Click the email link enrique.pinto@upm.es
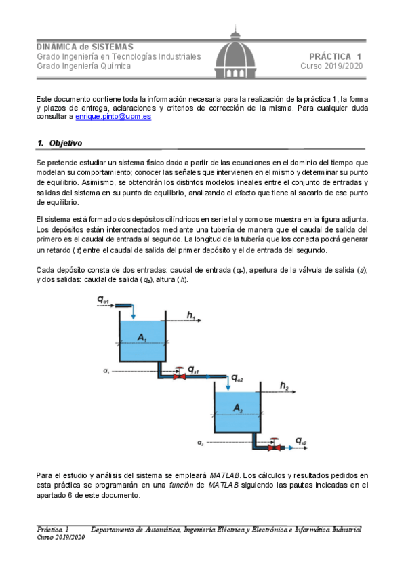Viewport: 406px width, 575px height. (x=113, y=117)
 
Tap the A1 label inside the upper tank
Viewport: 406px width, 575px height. (x=142, y=337)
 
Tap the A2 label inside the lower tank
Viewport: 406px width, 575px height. (x=237, y=408)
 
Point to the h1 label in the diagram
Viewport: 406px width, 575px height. (x=191, y=315)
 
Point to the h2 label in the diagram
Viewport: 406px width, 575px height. (x=285, y=386)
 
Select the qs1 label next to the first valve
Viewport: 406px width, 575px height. (x=193, y=370)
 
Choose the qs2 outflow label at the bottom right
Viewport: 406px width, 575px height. (x=301, y=442)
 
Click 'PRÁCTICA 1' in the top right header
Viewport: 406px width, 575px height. (x=336, y=56)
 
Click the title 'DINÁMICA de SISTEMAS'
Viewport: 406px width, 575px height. (x=85, y=47)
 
